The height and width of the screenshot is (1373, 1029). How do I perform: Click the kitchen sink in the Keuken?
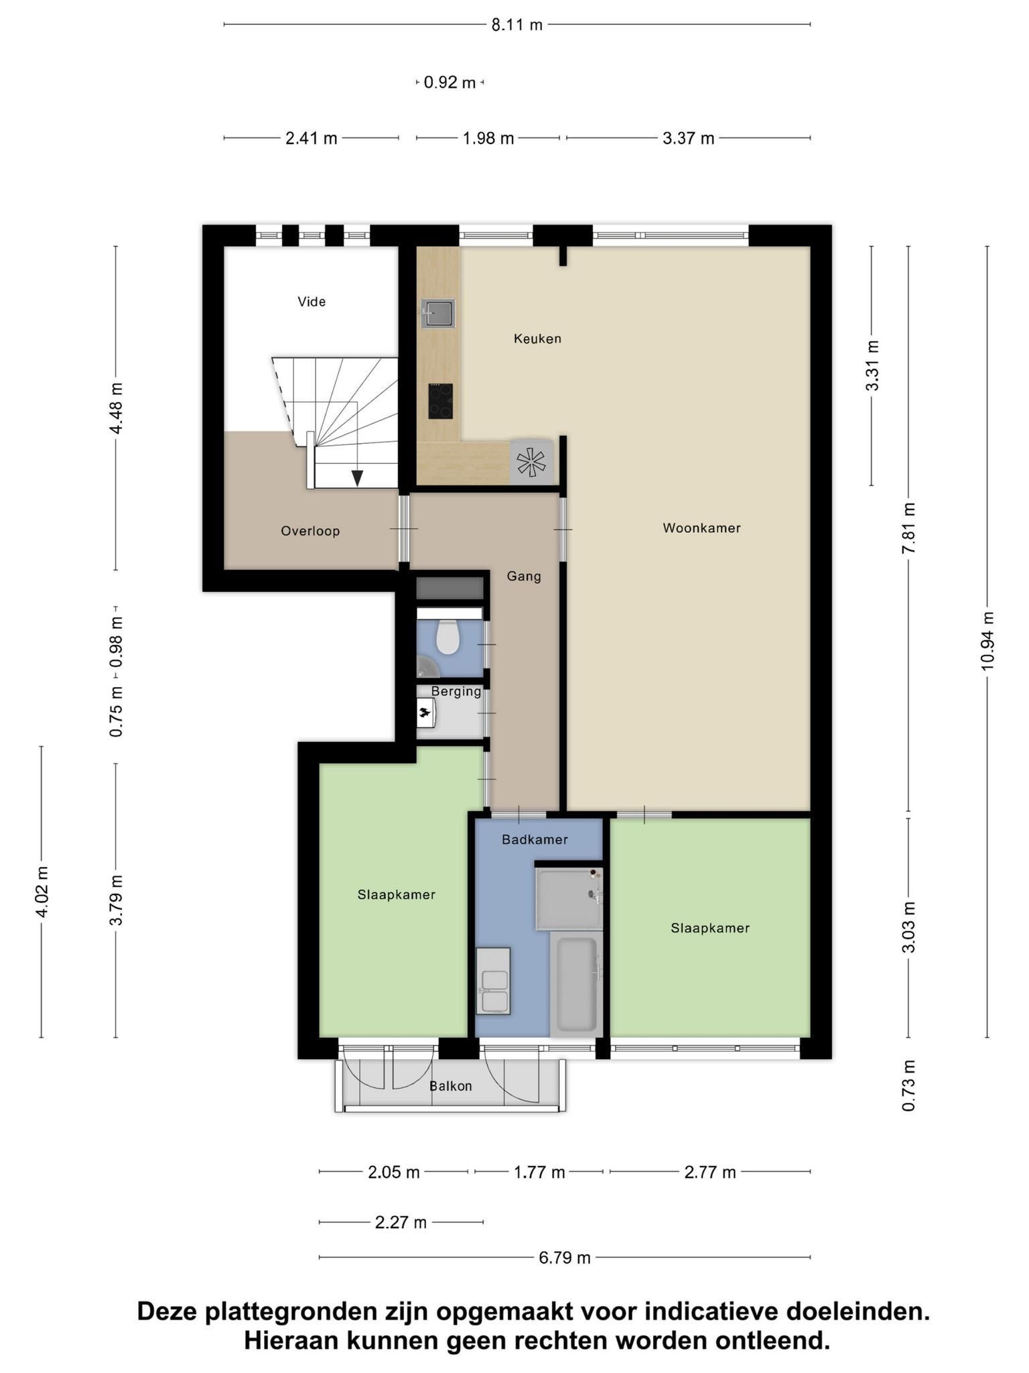click(x=438, y=313)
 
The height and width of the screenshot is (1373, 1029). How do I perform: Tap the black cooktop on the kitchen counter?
click(x=441, y=401)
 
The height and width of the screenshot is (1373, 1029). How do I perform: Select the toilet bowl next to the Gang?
click(x=447, y=638)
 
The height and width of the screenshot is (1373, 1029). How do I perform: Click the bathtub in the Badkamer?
click(x=577, y=984)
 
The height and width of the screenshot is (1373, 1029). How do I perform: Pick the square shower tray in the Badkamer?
click(x=569, y=898)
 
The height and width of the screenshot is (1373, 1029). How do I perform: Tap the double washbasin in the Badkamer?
click(x=493, y=981)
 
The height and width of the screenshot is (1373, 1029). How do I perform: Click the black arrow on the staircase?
click(x=358, y=477)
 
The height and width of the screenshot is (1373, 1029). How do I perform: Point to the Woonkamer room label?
click(x=701, y=528)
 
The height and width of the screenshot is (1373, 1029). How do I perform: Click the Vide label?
click(x=312, y=302)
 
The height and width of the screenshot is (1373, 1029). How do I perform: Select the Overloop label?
click(x=310, y=531)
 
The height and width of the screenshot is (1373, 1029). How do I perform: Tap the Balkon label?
click(x=451, y=1086)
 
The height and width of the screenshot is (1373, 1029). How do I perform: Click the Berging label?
click(x=456, y=691)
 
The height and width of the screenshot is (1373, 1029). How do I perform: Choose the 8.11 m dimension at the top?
click(x=517, y=25)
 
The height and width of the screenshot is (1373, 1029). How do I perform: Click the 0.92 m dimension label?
click(x=450, y=82)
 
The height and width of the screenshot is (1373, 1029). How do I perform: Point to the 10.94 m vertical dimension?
click(x=987, y=641)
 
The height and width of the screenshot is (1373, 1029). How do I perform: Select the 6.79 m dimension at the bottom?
click(x=565, y=1258)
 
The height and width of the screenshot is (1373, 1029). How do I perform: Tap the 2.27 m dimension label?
click(x=401, y=1222)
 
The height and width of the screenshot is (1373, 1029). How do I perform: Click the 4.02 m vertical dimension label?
click(x=42, y=892)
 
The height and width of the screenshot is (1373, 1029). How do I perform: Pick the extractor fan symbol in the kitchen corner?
click(x=532, y=462)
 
